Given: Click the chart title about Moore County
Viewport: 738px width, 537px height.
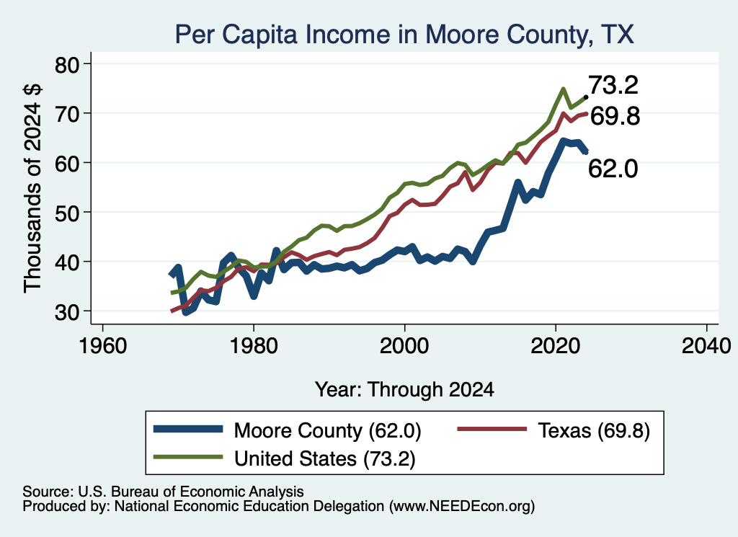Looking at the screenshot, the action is [x=404, y=35].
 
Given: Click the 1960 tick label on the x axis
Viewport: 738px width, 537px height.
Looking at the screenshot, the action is [x=102, y=347].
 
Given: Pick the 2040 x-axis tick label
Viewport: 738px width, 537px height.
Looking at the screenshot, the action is [x=706, y=347].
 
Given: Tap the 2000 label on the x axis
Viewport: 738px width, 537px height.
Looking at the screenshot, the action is [x=404, y=347].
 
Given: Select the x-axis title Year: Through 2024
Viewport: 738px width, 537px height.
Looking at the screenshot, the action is [x=404, y=390].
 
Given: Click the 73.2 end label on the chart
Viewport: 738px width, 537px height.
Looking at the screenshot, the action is [x=613, y=85].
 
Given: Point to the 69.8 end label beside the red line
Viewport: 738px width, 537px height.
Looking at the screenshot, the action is [x=615, y=116].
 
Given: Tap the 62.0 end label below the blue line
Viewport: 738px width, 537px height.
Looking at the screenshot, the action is [x=613, y=168].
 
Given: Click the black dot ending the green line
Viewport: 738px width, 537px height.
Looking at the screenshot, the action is [x=585, y=97].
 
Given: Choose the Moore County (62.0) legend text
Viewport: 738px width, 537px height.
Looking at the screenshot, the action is [x=328, y=430].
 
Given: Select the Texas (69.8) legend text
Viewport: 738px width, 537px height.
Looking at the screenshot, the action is [x=594, y=430].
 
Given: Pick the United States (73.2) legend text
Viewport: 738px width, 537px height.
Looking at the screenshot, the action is [x=325, y=458].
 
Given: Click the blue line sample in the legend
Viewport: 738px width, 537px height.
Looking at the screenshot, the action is [x=188, y=428].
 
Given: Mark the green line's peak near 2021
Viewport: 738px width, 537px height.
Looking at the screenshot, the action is [x=563, y=89].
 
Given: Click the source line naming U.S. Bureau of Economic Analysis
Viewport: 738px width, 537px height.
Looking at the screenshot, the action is [x=163, y=492].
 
